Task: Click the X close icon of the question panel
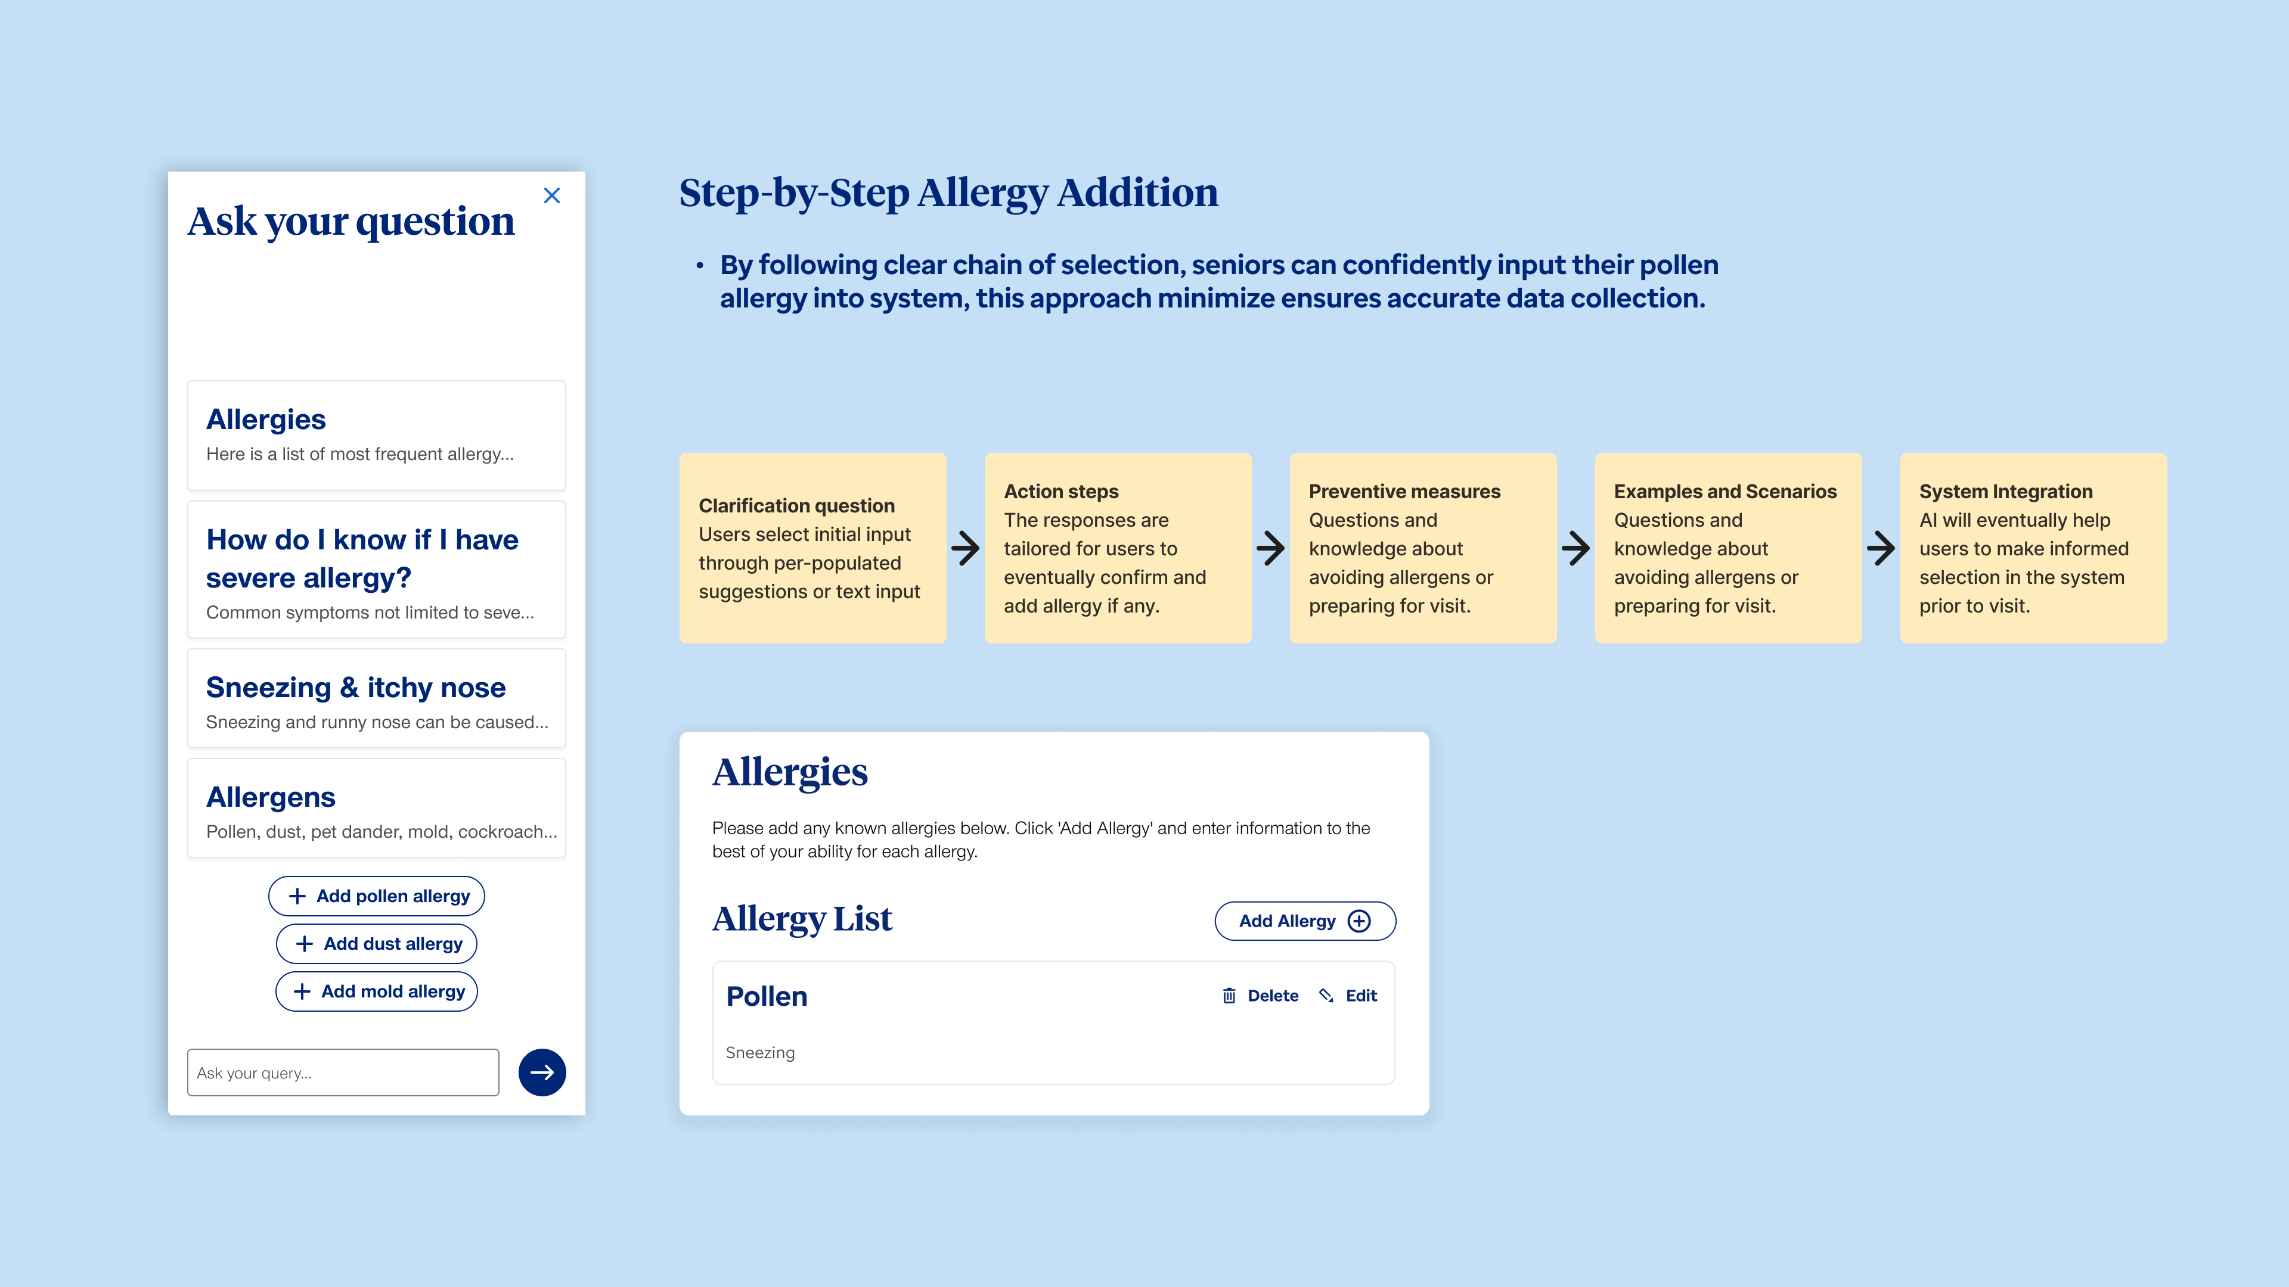(x=552, y=195)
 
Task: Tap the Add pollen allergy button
(x=377, y=896)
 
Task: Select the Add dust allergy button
(x=377, y=943)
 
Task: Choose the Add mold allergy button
(x=377, y=991)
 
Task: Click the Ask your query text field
(x=343, y=1072)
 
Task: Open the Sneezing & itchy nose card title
(x=355, y=688)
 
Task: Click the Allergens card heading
(x=271, y=797)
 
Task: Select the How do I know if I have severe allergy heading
(x=362, y=559)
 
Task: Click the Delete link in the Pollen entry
(x=1273, y=996)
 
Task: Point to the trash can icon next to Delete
(x=1229, y=996)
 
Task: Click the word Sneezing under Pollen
(x=761, y=1052)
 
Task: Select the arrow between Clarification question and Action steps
(x=966, y=548)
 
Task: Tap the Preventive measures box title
(x=1404, y=491)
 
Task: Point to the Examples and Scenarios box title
(x=1724, y=491)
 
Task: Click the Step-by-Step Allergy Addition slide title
(x=948, y=192)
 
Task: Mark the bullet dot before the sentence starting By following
(x=700, y=265)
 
